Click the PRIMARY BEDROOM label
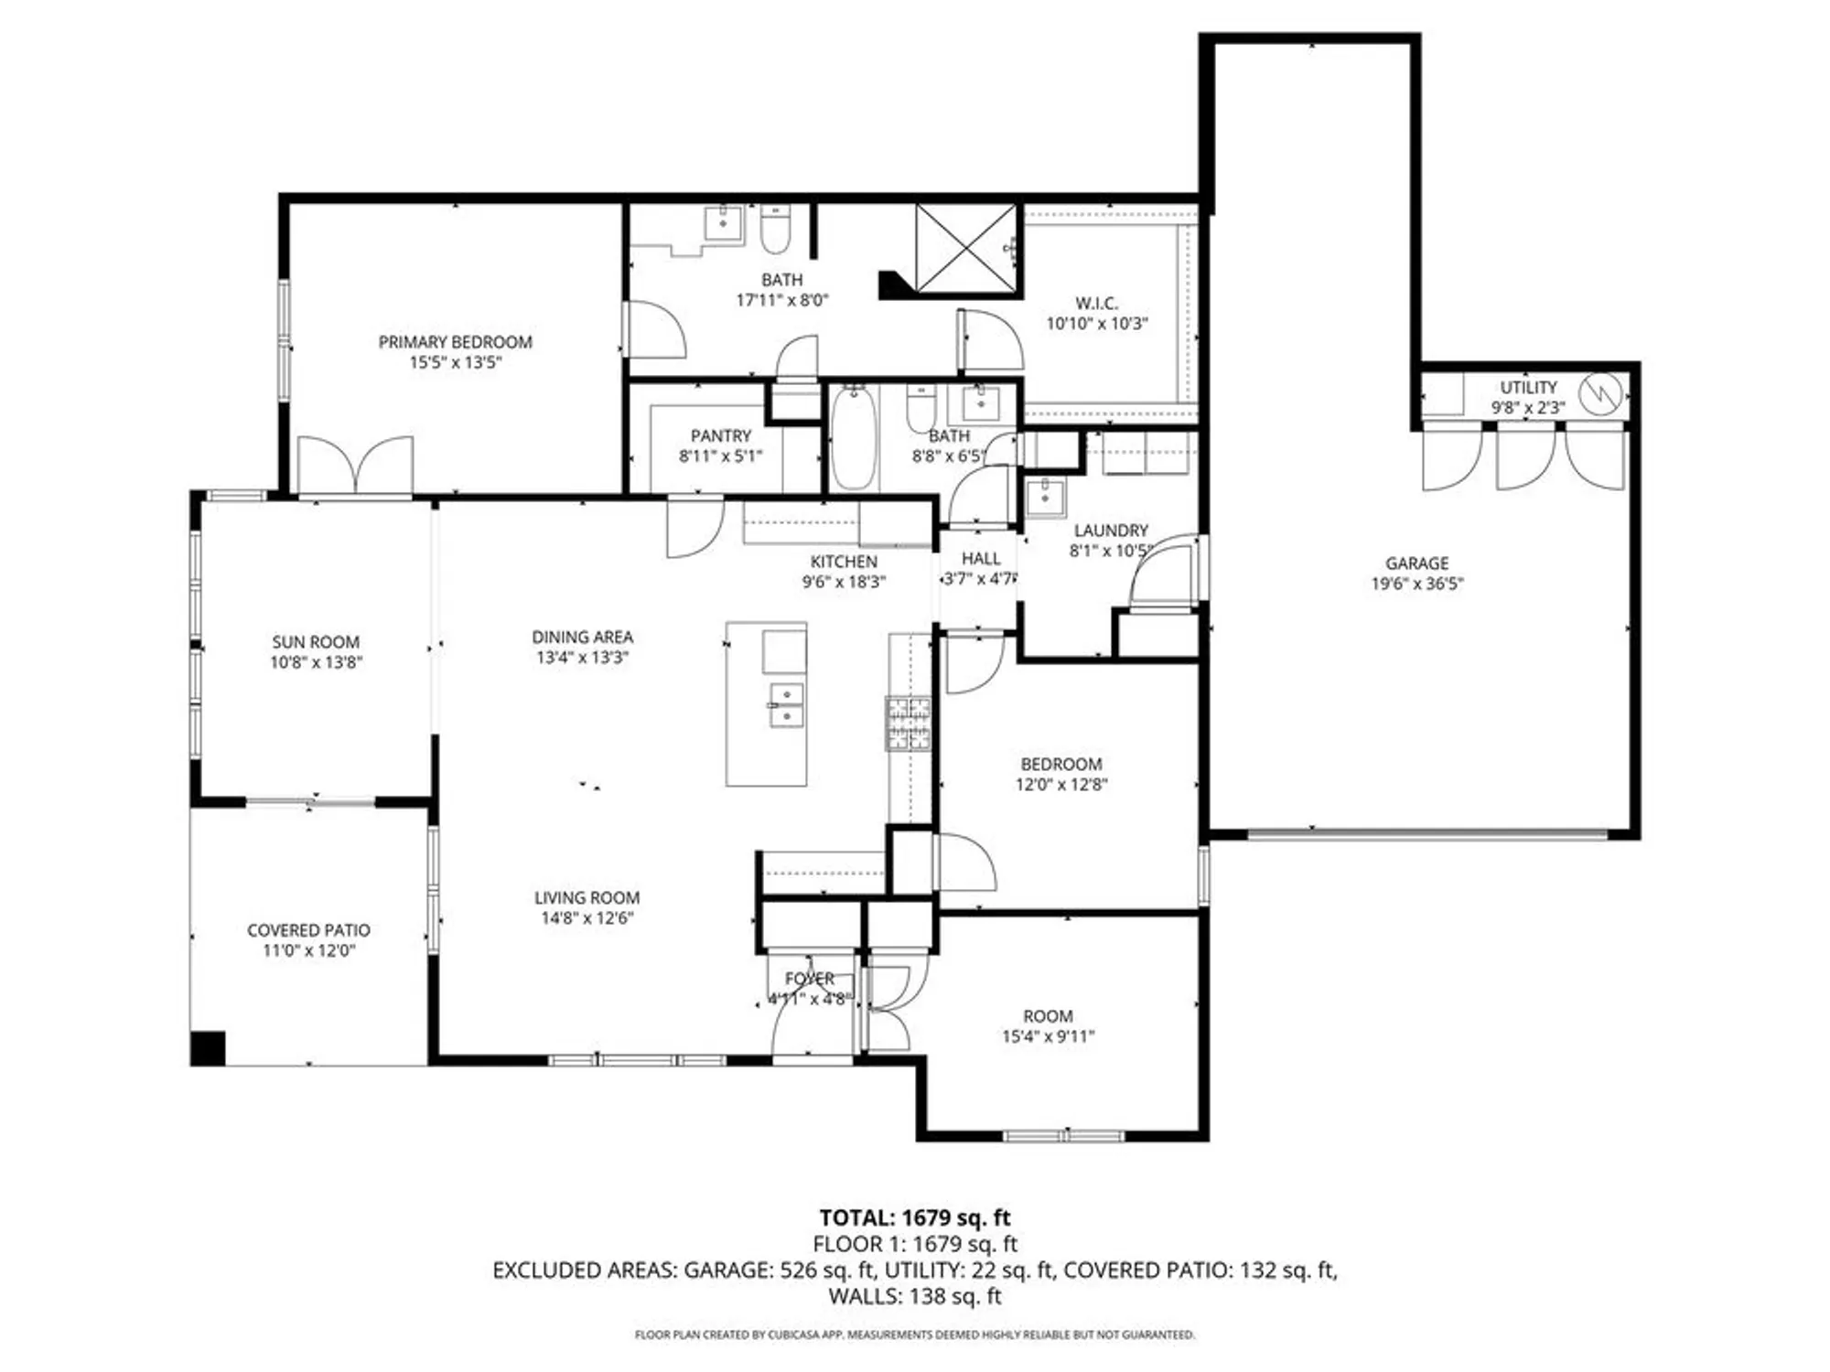click(455, 342)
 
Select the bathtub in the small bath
click(854, 438)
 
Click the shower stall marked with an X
click(966, 249)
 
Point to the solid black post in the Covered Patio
click(208, 1048)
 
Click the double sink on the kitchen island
click(786, 705)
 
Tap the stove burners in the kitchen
click(908, 724)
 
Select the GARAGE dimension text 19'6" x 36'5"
click(1416, 584)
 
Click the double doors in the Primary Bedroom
click(355, 466)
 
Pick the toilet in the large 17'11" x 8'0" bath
click(775, 230)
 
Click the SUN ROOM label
click(315, 642)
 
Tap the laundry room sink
click(1044, 498)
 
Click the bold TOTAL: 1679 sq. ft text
click(914, 1217)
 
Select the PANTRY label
click(720, 436)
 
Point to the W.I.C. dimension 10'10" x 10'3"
click(1096, 323)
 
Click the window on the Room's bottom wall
click(1063, 1136)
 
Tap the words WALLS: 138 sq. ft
click(914, 1296)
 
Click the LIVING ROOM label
click(587, 898)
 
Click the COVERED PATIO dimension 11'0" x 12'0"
click(308, 950)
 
